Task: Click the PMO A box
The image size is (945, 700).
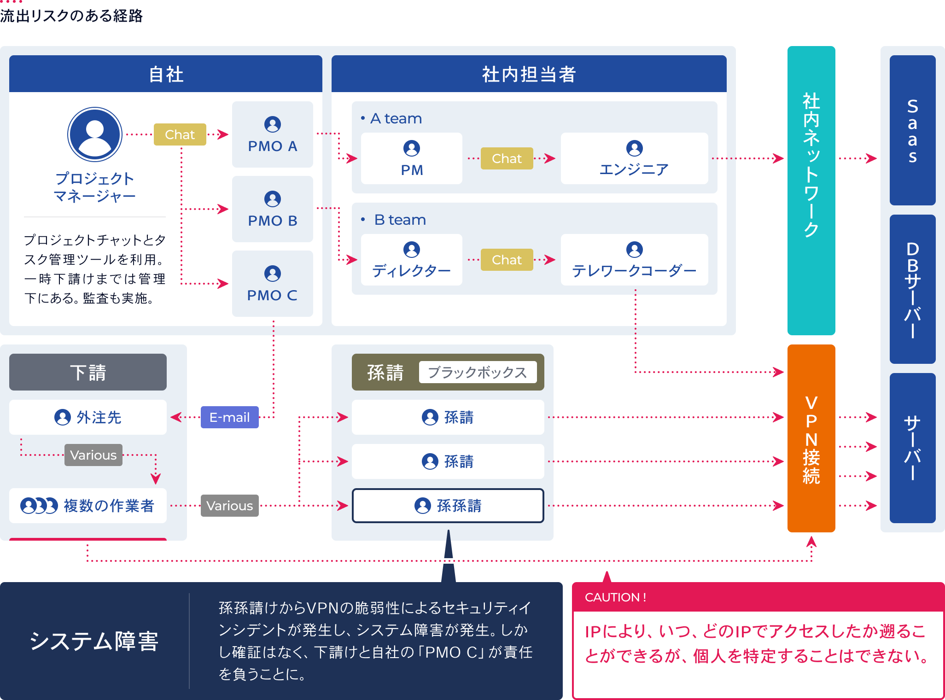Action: click(272, 134)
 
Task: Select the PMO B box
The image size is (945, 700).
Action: click(272, 209)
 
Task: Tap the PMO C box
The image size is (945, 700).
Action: click(272, 284)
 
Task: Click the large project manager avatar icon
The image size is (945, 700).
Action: click(95, 134)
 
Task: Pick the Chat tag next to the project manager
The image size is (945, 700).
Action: click(180, 134)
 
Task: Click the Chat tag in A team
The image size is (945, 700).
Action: click(507, 158)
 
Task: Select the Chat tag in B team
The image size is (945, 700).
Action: click(507, 260)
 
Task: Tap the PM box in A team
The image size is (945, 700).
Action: click(411, 158)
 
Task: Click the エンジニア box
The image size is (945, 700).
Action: click(634, 158)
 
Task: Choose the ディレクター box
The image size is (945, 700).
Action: click(411, 260)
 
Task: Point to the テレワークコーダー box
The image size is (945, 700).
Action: click(634, 260)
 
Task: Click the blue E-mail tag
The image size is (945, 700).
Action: click(229, 417)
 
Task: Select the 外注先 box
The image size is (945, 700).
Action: click(88, 417)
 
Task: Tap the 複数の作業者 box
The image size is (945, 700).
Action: click(88, 506)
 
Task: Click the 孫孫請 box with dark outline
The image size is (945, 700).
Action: click(448, 506)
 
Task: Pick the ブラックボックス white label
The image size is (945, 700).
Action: click(478, 372)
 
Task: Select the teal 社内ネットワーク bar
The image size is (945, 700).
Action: click(811, 191)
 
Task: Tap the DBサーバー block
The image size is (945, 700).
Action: click(912, 289)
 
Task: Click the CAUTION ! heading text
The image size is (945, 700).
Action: click(615, 597)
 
